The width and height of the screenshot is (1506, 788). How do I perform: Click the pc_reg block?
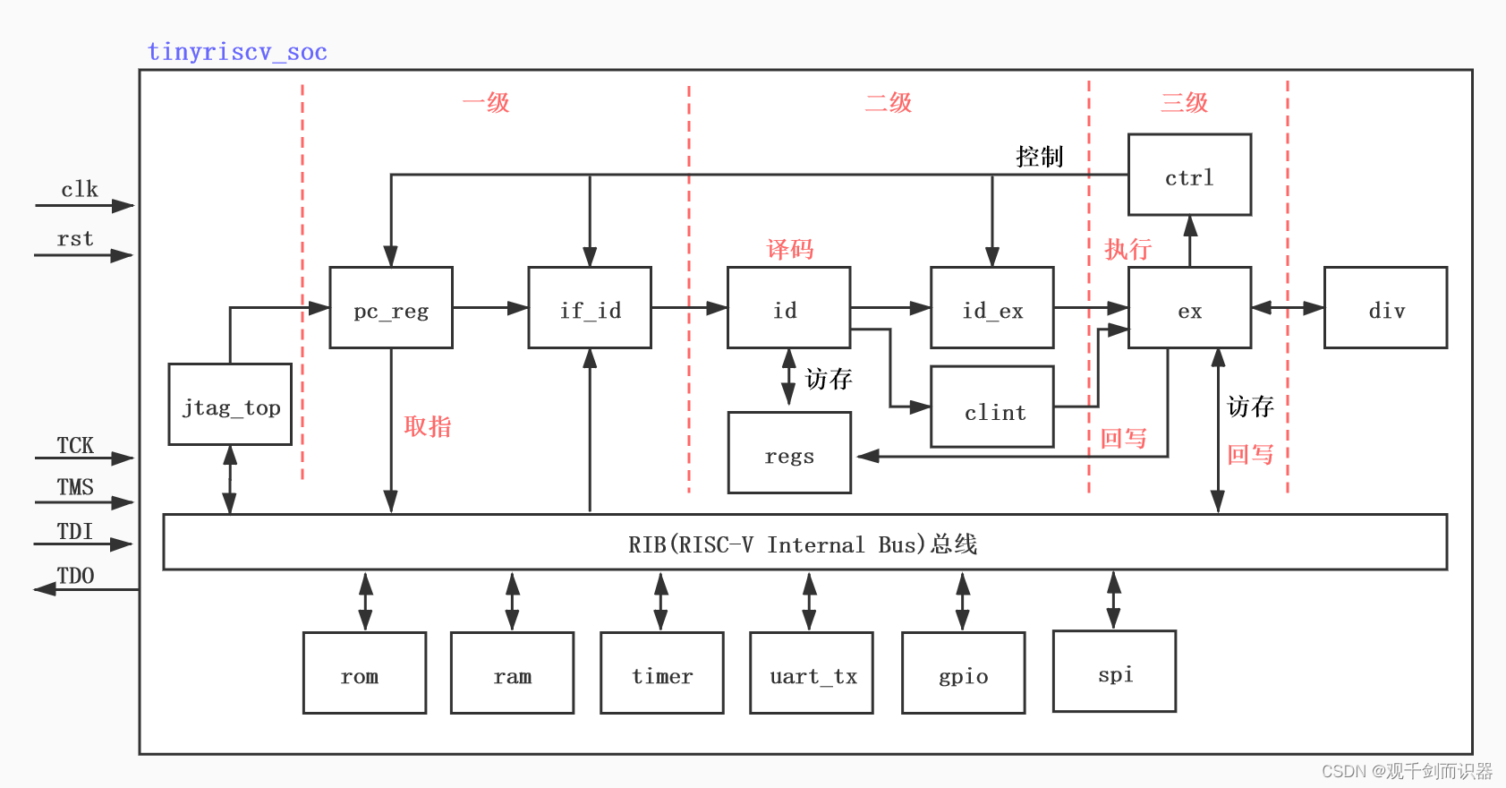coord(391,307)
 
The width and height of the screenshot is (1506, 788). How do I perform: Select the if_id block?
coord(590,307)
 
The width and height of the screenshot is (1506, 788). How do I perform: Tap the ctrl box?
coord(1189,175)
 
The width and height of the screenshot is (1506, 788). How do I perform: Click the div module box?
coord(1385,307)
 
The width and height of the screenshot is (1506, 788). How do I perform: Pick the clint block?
coord(992,407)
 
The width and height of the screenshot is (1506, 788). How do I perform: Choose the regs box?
coord(789,452)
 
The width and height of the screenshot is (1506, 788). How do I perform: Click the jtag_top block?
coord(230,404)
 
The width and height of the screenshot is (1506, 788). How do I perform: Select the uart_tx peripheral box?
coord(812,672)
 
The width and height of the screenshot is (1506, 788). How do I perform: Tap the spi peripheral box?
coord(1114,672)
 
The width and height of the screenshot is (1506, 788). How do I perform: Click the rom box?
coord(364,672)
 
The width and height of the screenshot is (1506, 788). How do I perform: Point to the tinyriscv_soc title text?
coord(237,52)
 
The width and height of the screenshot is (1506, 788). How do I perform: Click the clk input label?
coord(79,190)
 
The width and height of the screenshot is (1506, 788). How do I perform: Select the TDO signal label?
coord(75,576)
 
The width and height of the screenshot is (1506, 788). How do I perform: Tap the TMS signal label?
coord(75,487)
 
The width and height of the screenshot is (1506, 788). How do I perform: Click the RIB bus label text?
coord(803,544)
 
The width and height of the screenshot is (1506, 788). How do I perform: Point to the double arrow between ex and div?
coord(1287,307)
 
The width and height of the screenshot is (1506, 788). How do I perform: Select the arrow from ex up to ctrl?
coord(1190,241)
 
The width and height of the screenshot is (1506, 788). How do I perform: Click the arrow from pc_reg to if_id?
coord(490,307)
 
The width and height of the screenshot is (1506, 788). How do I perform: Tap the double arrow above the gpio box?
coord(963,601)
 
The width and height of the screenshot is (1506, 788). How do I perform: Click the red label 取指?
coord(428,426)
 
